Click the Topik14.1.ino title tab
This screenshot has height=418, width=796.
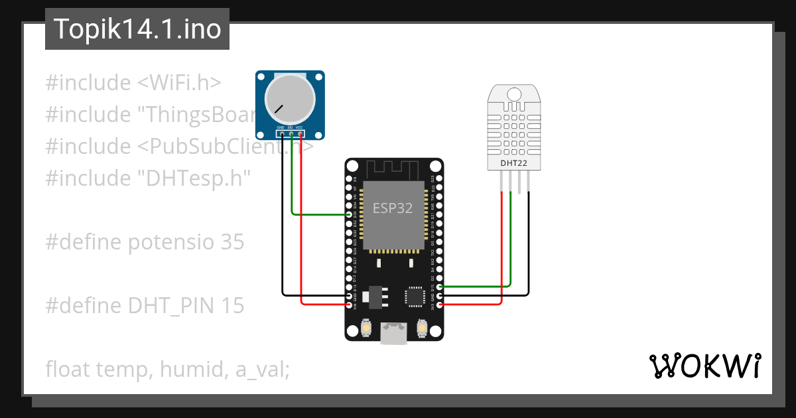(x=137, y=29)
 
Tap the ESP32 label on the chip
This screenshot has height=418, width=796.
(x=392, y=208)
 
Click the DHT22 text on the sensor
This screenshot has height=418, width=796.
(x=514, y=163)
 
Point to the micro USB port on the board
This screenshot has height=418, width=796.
(x=394, y=332)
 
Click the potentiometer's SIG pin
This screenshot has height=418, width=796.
(x=291, y=135)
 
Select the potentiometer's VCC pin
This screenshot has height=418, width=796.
(x=300, y=135)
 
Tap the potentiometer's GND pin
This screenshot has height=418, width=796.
(x=281, y=135)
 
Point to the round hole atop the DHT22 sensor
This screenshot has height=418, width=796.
(x=514, y=94)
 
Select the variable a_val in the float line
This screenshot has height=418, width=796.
(x=263, y=369)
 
